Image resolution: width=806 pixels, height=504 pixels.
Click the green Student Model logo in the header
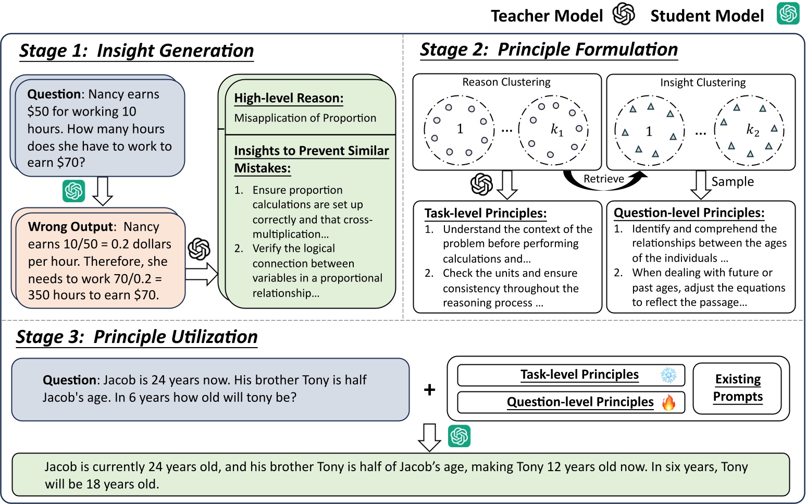(x=788, y=14)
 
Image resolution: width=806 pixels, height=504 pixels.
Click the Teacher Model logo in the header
(x=623, y=14)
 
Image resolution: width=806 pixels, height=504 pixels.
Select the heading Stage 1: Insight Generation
(x=137, y=51)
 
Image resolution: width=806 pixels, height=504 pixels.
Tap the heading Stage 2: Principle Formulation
(x=549, y=50)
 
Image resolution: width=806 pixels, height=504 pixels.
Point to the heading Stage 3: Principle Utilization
(x=137, y=337)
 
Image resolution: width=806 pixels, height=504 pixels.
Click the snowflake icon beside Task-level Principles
(x=668, y=375)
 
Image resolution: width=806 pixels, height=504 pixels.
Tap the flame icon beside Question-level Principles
(x=668, y=402)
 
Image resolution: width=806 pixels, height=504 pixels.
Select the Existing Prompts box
(x=737, y=388)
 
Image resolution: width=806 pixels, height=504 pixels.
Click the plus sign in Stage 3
(x=429, y=389)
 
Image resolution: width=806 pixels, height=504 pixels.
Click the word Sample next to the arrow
(x=733, y=181)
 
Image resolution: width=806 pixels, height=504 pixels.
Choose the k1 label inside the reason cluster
(x=556, y=129)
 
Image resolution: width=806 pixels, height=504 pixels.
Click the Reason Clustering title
(x=506, y=82)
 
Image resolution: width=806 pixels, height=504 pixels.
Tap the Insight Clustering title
(x=702, y=82)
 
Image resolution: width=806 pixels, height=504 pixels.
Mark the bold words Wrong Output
(x=70, y=227)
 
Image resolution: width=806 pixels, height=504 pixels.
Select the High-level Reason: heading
(x=289, y=98)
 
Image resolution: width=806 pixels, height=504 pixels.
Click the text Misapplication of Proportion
(x=305, y=118)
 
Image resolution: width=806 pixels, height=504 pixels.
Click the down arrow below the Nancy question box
(x=103, y=191)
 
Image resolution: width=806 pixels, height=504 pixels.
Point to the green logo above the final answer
(x=459, y=436)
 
